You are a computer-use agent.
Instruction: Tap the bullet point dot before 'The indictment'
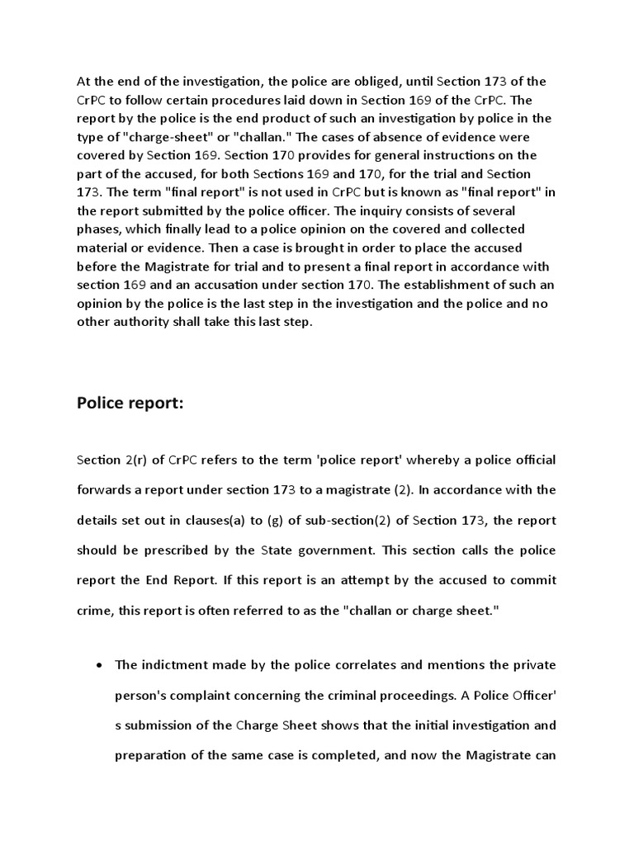pos(99,665)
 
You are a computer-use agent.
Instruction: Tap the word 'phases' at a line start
pos(99,229)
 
